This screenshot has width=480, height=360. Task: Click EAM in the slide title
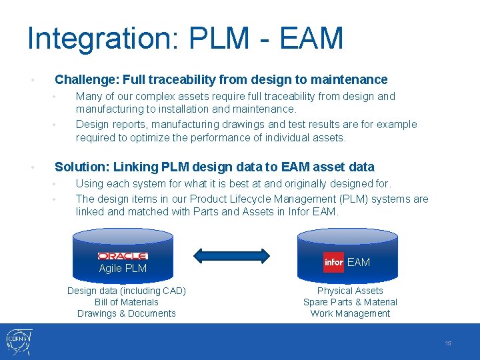pos(311,39)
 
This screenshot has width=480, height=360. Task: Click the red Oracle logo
pos(123,256)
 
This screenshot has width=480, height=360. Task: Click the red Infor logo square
pos(333,263)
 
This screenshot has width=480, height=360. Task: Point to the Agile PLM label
pos(123,269)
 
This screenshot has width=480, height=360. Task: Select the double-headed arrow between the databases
pos(231,255)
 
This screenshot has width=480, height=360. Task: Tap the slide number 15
pos(448,343)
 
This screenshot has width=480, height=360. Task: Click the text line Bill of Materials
pos(127,302)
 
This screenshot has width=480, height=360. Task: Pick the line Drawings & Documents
pos(127,313)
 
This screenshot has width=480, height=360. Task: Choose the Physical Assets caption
pos(350,291)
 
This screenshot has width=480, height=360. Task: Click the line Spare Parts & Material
pos(350,302)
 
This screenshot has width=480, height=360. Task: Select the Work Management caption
pos(350,313)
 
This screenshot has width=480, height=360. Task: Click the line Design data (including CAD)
pos(127,291)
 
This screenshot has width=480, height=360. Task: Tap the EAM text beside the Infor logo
pos(359,263)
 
